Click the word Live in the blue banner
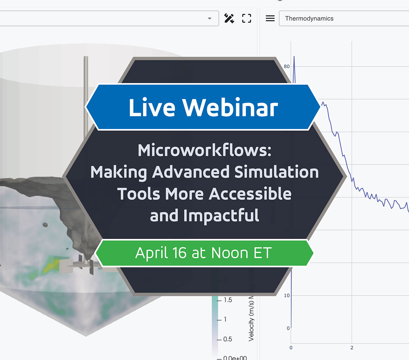[x=152, y=108]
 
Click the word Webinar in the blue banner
[x=230, y=108]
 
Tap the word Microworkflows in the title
[x=204, y=150]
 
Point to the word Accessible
[x=250, y=194]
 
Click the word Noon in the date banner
[x=229, y=253]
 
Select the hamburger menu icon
[x=270, y=18]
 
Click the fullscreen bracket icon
[x=246, y=18]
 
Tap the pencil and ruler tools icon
[x=229, y=18]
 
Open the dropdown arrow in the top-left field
[x=210, y=19]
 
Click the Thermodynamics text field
[x=341, y=18]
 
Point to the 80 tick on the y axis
[x=287, y=66]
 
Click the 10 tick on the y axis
[x=287, y=295]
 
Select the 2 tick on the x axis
[x=352, y=348]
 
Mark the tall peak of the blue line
[x=294, y=57]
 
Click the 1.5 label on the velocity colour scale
[x=228, y=300]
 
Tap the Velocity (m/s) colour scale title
[x=251, y=320]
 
